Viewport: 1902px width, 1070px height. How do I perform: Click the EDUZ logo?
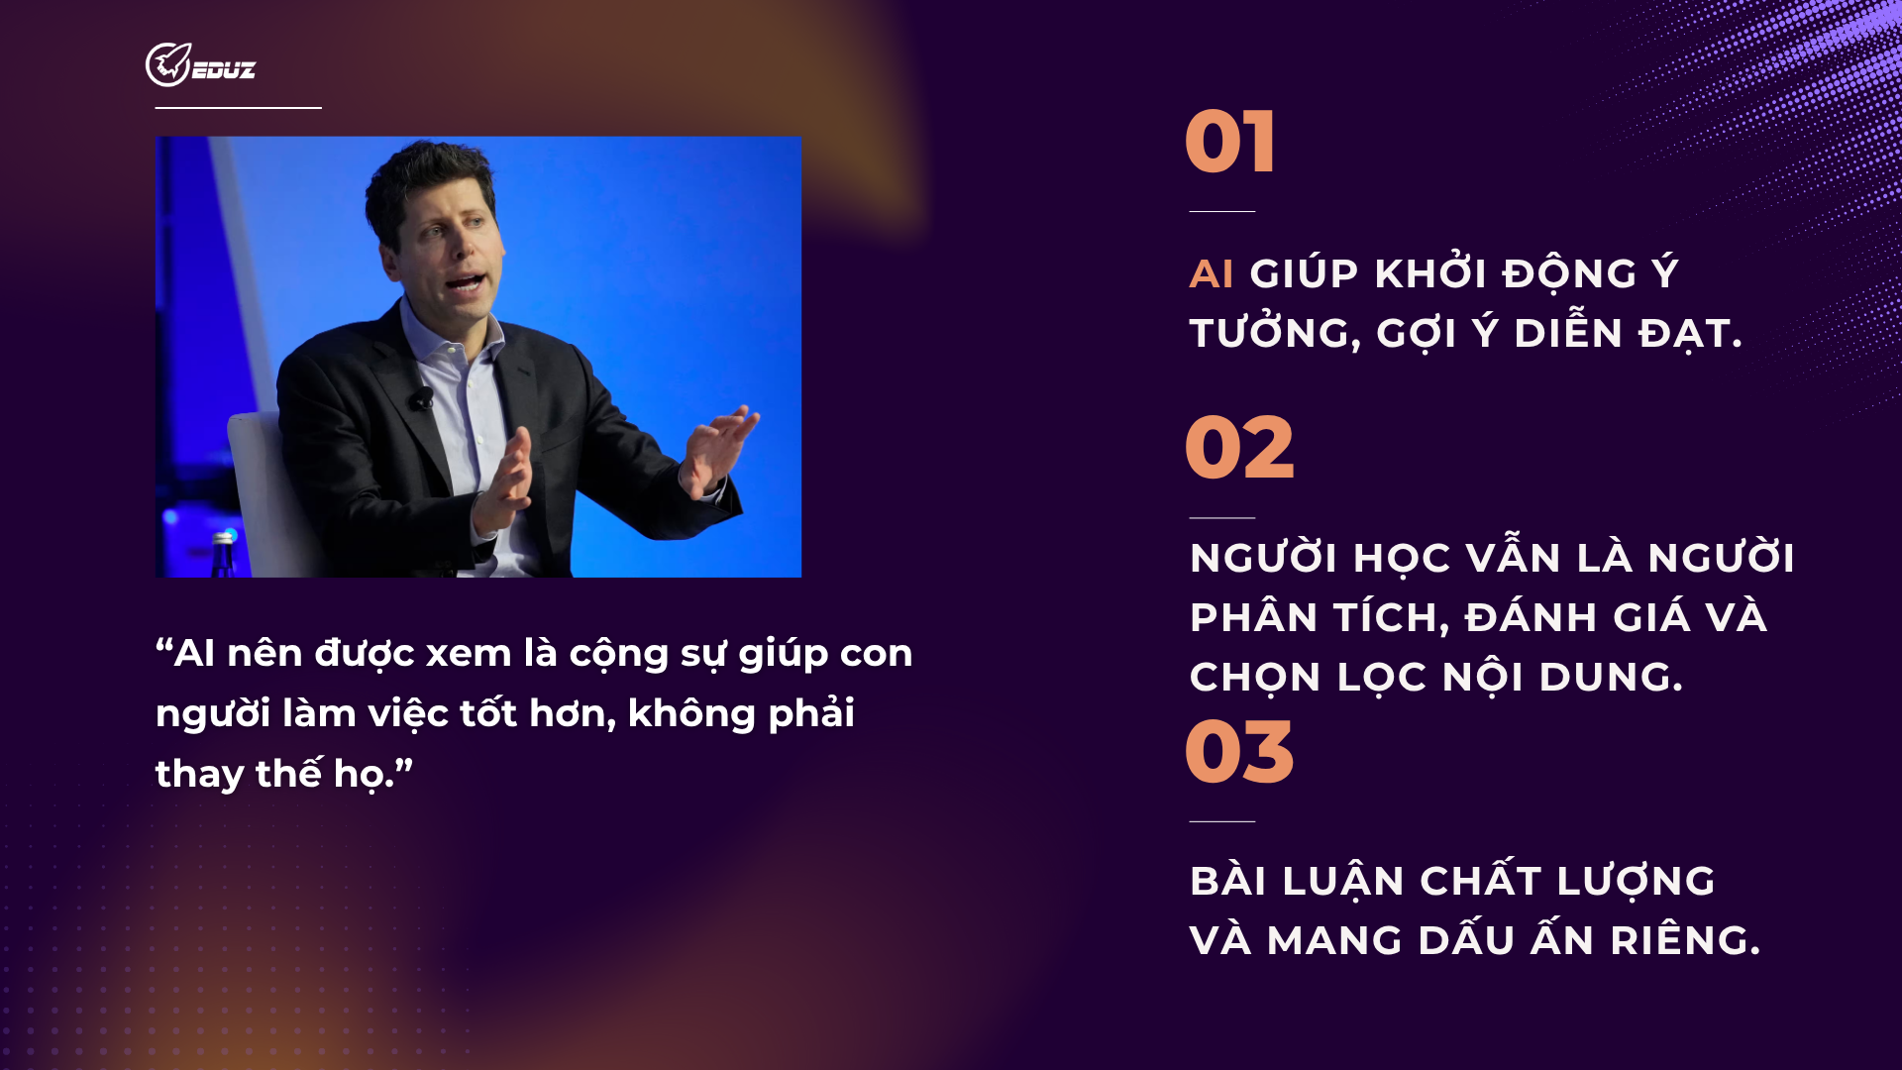(x=200, y=64)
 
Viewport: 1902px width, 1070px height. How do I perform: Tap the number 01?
(x=1229, y=142)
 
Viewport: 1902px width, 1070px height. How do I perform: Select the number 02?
(x=1239, y=448)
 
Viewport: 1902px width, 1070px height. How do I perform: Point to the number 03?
(x=1239, y=752)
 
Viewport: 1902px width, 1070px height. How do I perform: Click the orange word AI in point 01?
(x=1212, y=274)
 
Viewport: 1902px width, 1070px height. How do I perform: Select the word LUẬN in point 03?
(x=1343, y=882)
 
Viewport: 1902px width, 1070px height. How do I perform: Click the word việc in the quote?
(x=408, y=713)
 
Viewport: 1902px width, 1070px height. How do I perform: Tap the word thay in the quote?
(x=199, y=775)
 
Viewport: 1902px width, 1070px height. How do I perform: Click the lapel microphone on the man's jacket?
(x=423, y=398)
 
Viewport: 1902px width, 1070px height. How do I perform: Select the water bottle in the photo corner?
(x=224, y=555)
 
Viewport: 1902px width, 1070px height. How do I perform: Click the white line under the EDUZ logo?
(x=239, y=107)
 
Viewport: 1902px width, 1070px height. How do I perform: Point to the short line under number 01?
(x=1221, y=211)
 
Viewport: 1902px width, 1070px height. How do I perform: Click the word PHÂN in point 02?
(x=1254, y=617)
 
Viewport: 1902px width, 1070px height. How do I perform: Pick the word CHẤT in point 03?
(x=1480, y=880)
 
